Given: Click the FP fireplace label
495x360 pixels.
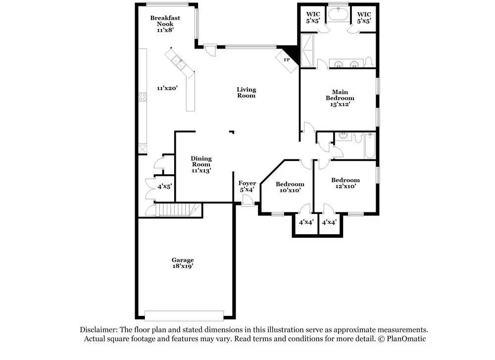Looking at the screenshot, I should tap(286, 60).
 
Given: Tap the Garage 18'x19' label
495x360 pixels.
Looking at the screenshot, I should tap(182, 263).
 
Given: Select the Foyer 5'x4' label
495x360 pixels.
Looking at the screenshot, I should tap(247, 186).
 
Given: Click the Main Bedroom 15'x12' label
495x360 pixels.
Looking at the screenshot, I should tap(340, 98).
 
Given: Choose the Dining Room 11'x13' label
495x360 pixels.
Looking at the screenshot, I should tap(201, 164).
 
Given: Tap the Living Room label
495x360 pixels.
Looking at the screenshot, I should tap(246, 93).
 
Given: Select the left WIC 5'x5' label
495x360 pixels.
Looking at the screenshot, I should tap(313, 17).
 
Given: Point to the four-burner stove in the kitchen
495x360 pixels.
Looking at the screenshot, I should tap(143, 97).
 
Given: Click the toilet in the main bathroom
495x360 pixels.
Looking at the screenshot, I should tap(369, 62).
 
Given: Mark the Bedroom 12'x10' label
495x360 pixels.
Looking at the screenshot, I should tap(346, 183).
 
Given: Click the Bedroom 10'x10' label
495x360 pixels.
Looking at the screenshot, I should tap(290, 187).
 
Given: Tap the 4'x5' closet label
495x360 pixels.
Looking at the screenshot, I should tap(164, 187).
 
